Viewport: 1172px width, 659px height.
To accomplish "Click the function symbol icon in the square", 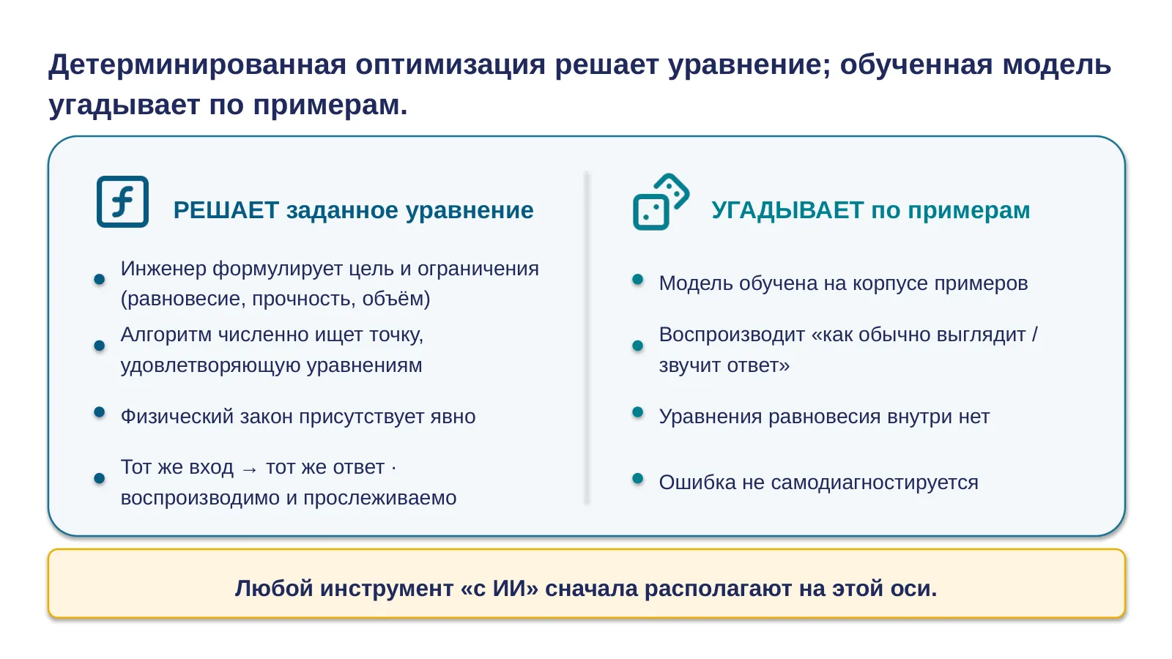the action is pyautogui.click(x=122, y=201).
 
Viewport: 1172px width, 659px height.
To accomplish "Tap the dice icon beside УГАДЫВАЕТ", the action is pyautogui.click(x=661, y=202).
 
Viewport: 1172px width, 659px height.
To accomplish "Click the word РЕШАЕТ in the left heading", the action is pyautogui.click(x=226, y=210).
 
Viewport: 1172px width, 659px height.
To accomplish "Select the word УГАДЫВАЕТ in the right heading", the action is pyautogui.click(x=787, y=210).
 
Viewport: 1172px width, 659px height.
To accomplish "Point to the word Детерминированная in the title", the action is pyautogui.click(x=197, y=65).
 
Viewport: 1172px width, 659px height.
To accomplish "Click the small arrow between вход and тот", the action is pyautogui.click(x=250, y=469).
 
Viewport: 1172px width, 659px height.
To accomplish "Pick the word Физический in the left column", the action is pyautogui.click(x=177, y=417).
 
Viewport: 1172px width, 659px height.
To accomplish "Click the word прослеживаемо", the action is pyautogui.click(x=380, y=498).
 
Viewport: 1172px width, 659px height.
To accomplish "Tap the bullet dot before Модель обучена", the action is pyautogui.click(x=637, y=279).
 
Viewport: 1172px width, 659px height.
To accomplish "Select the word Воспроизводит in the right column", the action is pyautogui.click(x=732, y=335).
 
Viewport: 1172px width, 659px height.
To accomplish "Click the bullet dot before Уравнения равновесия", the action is pyautogui.click(x=637, y=412).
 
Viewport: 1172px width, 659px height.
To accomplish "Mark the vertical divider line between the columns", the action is pyautogui.click(x=587, y=338).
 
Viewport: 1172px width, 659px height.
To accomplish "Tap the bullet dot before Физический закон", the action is pyautogui.click(x=100, y=412).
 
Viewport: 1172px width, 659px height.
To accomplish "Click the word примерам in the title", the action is pyautogui.click(x=330, y=105).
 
